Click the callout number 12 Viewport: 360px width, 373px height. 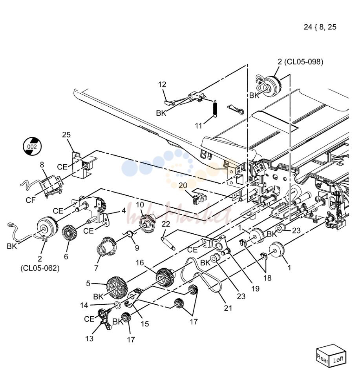162,84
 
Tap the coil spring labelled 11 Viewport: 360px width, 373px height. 215,109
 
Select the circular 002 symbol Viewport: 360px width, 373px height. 32,146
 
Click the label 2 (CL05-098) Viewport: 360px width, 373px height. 300,62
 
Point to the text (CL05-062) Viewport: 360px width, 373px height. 40,268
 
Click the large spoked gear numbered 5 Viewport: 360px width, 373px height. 117,288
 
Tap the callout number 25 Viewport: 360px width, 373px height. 66,135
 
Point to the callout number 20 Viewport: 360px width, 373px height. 183,186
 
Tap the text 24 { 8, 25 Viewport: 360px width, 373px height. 320,27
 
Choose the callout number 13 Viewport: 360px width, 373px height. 89,338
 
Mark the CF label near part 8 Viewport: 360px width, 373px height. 31,200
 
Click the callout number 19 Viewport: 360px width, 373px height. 255,289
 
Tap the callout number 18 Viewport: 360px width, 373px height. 267,278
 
